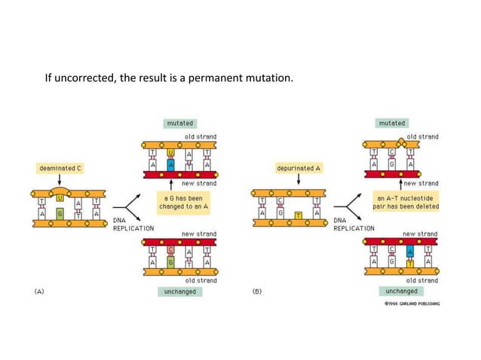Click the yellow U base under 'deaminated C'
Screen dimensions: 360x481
pyautogui.click(x=59, y=198)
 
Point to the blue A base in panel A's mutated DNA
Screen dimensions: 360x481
pyautogui.click(x=172, y=165)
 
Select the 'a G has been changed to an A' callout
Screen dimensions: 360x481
pyautogui.click(x=177, y=203)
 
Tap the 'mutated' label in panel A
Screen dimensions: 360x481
pyautogui.click(x=178, y=123)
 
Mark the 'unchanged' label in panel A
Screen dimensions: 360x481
pyautogui.click(x=179, y=291)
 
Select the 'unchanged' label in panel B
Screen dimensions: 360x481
pyautogui.click(x=400, y=291)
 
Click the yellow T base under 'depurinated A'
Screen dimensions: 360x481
pyautogui.click(x=299, y=216)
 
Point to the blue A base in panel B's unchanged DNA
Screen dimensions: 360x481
pyautogui.click(x=409, y=251)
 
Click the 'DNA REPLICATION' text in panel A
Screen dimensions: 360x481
pyautogui.click(x=133, y=224)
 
